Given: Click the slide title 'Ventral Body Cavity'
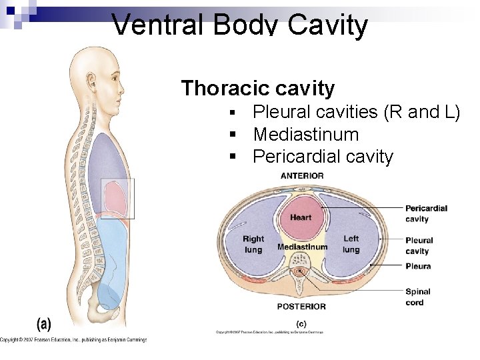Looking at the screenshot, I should (x=240, y=25).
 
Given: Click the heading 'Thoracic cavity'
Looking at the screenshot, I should (x=257, y=88).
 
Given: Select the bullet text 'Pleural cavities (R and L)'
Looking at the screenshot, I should (x=356, y=112).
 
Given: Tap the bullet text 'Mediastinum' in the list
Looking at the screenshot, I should (x=305, y=135).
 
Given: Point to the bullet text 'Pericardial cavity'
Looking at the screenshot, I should (x=323, y=157).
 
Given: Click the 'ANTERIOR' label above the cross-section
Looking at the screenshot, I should (x=302, y=176).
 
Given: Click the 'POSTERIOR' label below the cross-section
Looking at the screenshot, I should (x=301, y=307).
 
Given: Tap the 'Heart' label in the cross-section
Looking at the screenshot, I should (x=301, y=217).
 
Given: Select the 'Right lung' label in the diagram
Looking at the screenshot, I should (x=253, y=244).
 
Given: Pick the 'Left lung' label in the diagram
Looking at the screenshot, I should (x=351, y=244).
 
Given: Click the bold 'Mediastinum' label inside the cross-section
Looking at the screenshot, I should (x=302, y=247).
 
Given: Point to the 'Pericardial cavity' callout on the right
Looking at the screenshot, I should (x=425, y=213).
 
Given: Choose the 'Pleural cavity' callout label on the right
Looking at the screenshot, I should (x=419, y=245).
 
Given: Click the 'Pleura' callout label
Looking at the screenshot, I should (x=418, y=266).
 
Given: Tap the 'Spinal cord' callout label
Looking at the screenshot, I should (x=417, y=297).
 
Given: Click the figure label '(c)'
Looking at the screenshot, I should (x=301, y=323).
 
